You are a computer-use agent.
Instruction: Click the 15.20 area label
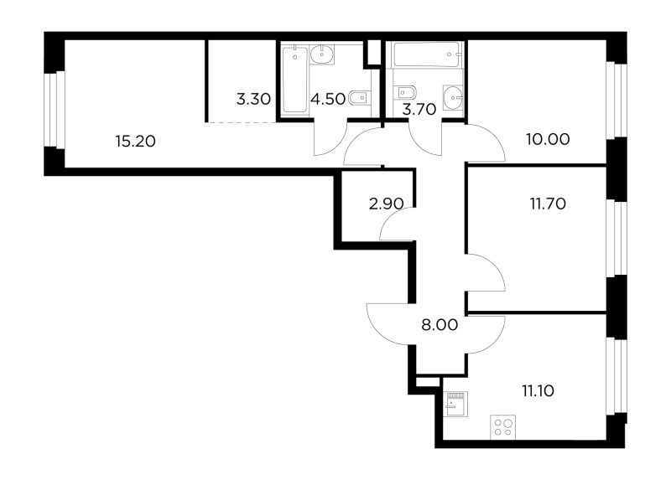point(135,141)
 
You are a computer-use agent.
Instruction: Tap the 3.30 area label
point(253,99)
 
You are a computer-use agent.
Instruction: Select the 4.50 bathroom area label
point(328,99)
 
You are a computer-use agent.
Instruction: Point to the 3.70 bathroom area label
point(419,110)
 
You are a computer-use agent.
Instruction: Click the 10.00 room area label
point(548,139)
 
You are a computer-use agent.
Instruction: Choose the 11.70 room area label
point(548,204)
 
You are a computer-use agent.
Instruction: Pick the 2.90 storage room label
point(386,204)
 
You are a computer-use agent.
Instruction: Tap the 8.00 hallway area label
point(440,325)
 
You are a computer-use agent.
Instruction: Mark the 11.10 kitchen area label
point(538,390)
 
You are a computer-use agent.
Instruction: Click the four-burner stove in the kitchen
point(502,427)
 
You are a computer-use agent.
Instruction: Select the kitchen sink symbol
point(455,404)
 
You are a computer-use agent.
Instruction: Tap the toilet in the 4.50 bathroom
point(360,99)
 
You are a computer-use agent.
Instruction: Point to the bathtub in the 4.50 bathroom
point(295,80)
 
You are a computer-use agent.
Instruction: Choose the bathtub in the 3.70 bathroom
point(427,54)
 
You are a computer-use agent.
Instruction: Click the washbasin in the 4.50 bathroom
point(322,54)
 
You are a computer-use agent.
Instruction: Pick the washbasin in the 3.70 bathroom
point(453,98)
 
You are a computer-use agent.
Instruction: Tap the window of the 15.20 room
point(55,110)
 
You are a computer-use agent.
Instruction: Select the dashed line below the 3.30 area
point(241,122)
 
